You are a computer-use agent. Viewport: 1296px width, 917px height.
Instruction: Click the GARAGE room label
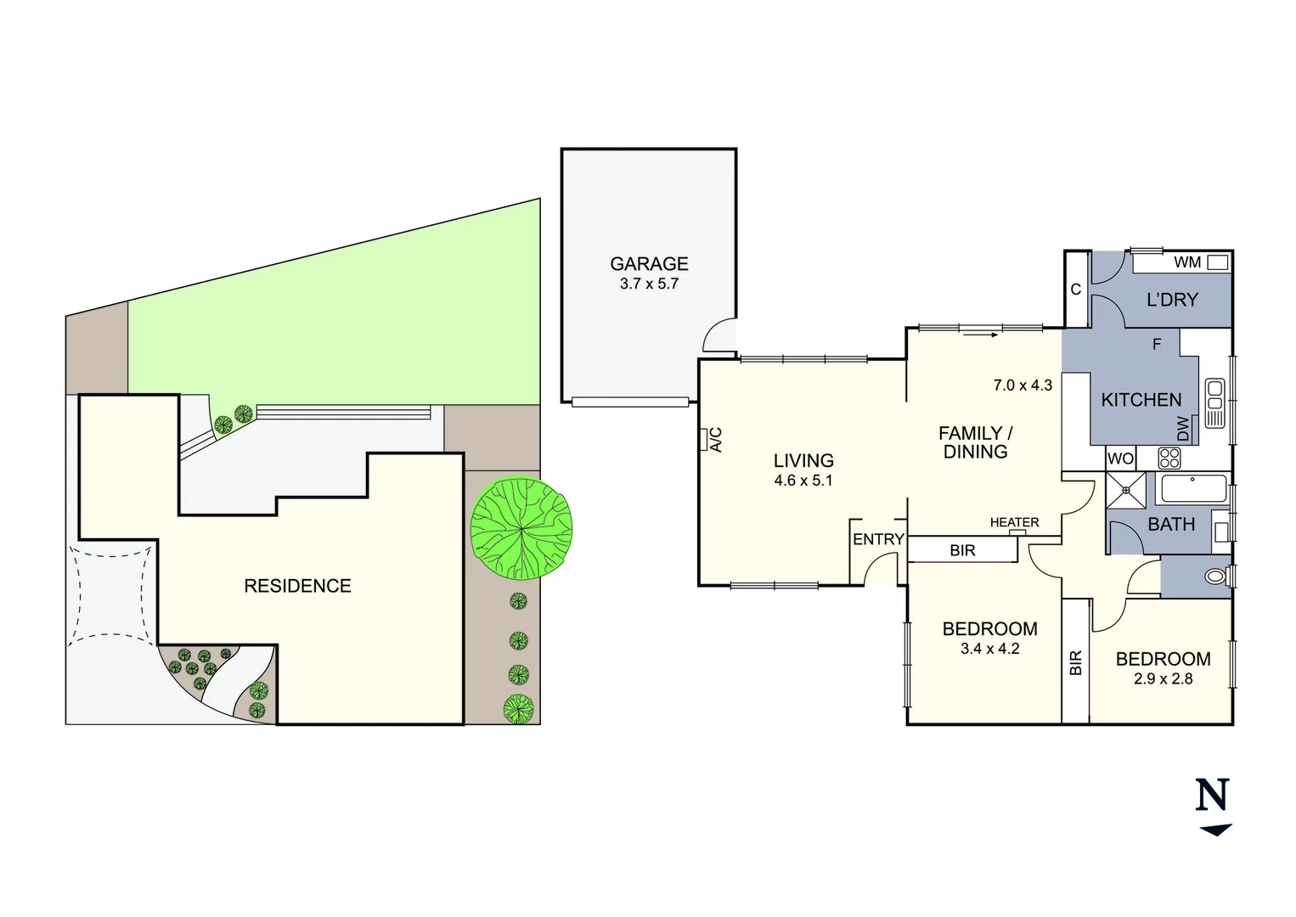649,263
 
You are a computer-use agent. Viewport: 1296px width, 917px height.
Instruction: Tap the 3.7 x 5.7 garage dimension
649,284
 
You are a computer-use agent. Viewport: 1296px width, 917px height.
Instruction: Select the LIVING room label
803,460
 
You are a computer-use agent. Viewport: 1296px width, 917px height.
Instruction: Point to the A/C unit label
715,439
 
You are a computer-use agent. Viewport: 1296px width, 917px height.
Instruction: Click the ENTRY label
878,539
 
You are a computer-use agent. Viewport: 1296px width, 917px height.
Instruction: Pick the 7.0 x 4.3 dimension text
1023,385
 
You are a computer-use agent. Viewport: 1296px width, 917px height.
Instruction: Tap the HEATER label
1014,522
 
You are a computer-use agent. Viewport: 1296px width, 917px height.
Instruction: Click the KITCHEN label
1141,399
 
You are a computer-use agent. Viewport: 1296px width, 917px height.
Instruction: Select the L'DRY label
1172,299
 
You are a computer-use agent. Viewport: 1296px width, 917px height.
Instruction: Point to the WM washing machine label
1187,262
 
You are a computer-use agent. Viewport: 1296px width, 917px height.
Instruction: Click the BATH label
1171,524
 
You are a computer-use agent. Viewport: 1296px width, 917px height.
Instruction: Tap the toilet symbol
1217,577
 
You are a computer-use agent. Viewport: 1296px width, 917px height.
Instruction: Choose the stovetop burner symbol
1169,458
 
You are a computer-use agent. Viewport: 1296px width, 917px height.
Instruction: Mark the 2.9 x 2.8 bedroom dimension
1163,678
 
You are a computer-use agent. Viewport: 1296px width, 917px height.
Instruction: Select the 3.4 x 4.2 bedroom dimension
989,649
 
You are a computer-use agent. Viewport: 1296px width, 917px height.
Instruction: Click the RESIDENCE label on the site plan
297,585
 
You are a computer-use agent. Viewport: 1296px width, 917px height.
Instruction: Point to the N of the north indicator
1213,796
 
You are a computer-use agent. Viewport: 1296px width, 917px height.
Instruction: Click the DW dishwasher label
1184,430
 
